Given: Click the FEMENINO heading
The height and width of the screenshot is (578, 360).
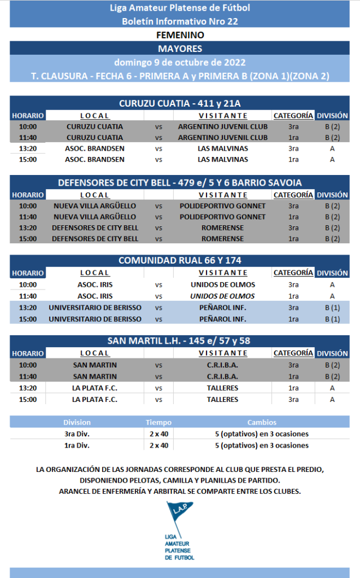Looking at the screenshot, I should pos(180,35).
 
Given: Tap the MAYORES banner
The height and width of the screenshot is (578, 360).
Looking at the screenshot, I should pos(180,49).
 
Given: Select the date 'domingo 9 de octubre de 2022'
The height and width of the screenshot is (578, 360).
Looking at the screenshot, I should pos(180,62).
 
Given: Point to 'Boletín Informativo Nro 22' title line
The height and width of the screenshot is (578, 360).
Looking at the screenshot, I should pos(180,21).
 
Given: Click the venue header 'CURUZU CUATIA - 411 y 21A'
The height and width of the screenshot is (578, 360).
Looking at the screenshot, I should pos(180,103).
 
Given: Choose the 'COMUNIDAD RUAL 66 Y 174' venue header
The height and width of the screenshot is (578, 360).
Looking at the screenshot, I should pos(180,260).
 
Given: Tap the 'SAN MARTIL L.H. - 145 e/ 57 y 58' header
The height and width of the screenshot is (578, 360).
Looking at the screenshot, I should pos(180,341).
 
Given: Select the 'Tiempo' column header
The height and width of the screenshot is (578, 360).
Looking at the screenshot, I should pos(159,422).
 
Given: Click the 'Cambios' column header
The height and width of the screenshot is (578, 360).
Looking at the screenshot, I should pos(262,422).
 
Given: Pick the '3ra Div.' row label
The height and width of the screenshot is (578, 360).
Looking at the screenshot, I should pos(77,434).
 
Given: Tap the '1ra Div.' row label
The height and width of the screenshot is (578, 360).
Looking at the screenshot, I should pos(77,445).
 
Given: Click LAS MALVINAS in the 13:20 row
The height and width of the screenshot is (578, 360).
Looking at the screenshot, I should pos(222,148).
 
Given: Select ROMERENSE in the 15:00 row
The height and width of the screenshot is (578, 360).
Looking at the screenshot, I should pos(222,239).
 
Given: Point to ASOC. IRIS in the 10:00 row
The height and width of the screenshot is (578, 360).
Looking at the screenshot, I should pos(95,284).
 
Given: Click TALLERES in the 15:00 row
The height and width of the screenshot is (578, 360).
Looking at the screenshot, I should pos(222,400).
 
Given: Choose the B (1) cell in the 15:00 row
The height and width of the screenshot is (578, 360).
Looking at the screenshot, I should pos(332,319).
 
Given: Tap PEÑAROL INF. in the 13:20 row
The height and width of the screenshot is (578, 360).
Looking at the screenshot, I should pos(222,308).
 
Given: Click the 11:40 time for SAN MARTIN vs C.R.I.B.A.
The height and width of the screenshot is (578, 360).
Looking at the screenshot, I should pos(28,376).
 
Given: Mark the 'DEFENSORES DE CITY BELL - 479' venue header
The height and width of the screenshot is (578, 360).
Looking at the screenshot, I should pos(180,182).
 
